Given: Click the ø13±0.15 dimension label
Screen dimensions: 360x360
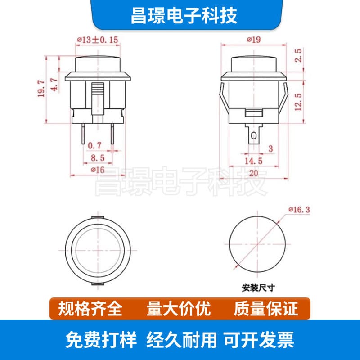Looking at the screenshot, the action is coord(98,40).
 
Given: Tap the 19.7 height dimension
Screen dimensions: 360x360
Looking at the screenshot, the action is coord(41,89).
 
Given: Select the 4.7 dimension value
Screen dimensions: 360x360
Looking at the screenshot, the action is coord(54,85).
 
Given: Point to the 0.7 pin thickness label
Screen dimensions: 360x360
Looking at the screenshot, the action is coord(94,145).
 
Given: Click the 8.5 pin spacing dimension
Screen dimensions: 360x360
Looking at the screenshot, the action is coord(98,158).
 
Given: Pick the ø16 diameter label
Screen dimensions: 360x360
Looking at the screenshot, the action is coord(98,170).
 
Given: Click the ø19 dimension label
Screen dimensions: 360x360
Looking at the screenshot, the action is coord(254,40).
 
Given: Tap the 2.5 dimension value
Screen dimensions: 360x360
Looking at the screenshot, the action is coord(298,55).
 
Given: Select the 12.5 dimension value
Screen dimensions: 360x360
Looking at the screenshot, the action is coord(298,102).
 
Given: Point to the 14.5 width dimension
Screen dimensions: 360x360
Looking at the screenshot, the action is coord(253,161).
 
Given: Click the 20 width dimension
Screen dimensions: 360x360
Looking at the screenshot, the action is coord(253,173).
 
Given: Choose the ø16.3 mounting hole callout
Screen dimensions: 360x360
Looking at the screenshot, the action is coord(299,210).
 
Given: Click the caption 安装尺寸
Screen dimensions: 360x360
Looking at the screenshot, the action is coord(258,288).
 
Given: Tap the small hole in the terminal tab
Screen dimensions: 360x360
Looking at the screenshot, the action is coord(254,136).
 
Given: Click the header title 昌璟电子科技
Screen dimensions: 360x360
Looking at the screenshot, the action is coord(184,16).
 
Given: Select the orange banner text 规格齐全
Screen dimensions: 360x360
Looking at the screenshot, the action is coord(90,309).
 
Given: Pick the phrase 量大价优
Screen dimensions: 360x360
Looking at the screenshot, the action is coord(179,309).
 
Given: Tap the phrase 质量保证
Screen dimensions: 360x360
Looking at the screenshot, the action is coord(266,309).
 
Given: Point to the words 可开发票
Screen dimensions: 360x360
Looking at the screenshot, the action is coord(259,340).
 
